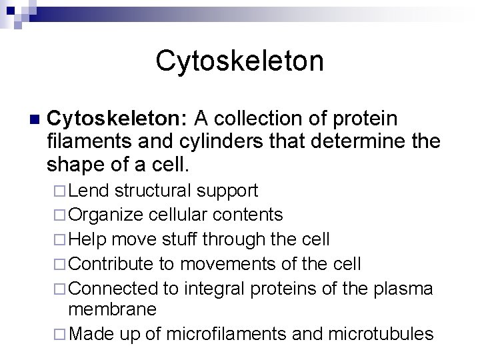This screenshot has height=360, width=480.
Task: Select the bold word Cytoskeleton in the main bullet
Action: point(119,119)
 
